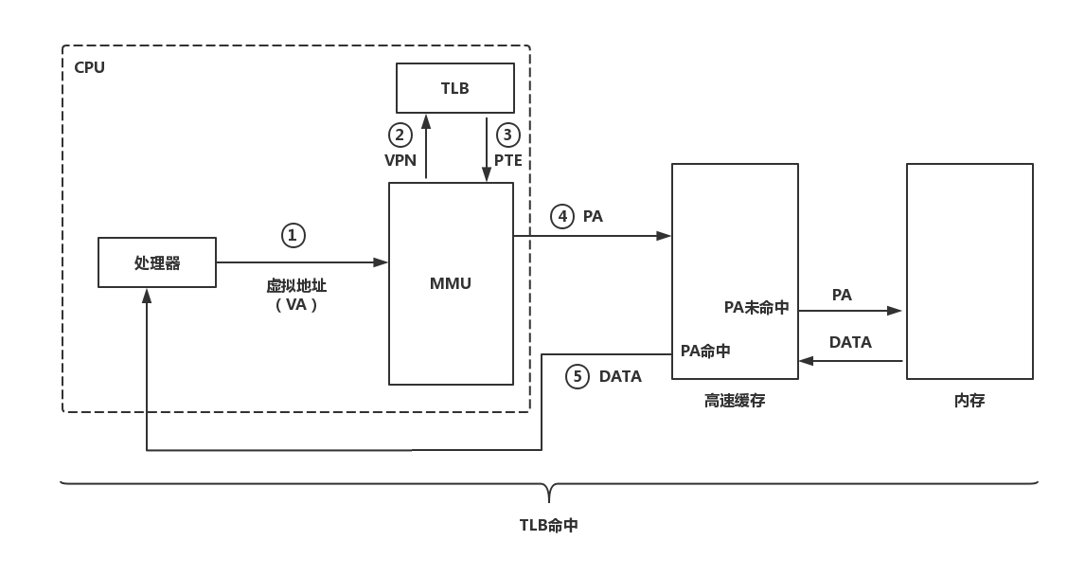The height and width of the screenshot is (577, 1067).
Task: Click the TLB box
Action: (454, 88)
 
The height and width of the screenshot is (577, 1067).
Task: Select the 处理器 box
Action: (157, 262)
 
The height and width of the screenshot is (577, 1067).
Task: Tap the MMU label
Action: (451, 283)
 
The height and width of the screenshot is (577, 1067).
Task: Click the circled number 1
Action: (293, 235)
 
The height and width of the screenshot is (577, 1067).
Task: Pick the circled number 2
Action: (400, 135)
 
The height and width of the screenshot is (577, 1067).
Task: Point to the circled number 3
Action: (507, 135)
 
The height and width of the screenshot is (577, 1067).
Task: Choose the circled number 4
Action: (562, 216)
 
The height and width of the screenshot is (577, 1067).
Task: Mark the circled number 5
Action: (578, 376)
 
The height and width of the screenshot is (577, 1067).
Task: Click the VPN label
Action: (400, 160)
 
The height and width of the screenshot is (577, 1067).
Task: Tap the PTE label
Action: (508, 160)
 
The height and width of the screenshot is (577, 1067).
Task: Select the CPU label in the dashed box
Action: (90, 67)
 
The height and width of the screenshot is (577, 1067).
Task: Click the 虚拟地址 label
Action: (296, 285)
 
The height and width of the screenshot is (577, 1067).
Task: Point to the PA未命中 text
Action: (756, 307)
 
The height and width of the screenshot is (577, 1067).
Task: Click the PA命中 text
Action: (705, 351)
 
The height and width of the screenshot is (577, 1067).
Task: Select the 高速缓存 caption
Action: (735, 401)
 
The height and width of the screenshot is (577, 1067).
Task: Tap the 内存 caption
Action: (969, 401)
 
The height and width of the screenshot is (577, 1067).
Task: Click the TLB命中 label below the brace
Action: (549, 525)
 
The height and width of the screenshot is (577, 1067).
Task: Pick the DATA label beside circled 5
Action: (620, 376)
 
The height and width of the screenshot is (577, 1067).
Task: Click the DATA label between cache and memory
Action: (850, 342)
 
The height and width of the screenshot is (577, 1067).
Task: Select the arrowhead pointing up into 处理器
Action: (147, 295)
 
